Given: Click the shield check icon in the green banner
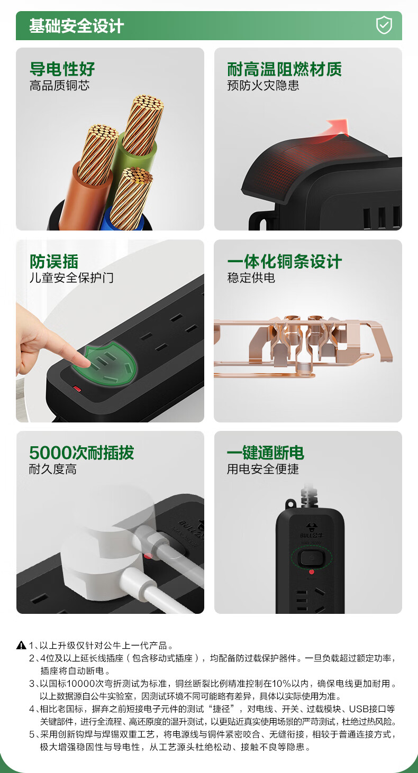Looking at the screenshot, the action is tap(384, 25).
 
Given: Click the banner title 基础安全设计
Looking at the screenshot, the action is tap(76, 26).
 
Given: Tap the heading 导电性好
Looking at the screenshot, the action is tap(62, 69).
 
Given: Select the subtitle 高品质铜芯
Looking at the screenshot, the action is tap(59, 86).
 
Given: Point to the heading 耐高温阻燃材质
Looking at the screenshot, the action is tap(284, 69).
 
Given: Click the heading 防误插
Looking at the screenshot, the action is tap(54, 261).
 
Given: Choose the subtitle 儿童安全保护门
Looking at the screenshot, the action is tap(71, 278).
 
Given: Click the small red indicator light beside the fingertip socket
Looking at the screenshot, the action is tap(77, 389).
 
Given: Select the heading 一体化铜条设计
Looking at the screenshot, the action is tap(284, 261).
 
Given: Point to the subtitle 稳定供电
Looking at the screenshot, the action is tap(251, 278).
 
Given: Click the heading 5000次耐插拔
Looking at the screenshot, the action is tap(81, 453).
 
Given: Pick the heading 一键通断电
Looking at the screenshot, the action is tap(265, 453).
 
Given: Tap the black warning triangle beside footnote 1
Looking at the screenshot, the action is tap(21, 645).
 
